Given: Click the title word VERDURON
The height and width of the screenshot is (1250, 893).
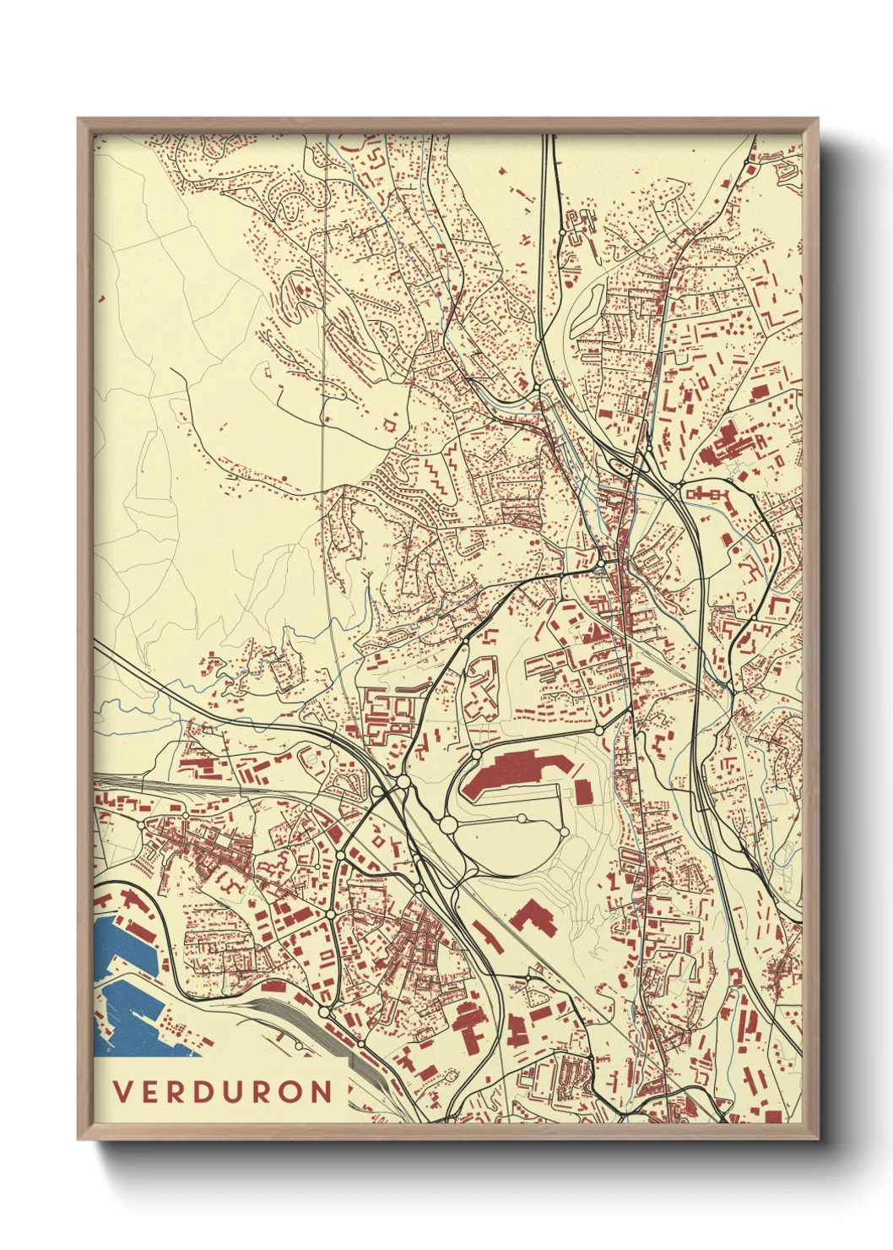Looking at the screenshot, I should coord(224,1091).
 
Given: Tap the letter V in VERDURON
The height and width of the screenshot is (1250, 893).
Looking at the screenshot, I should coord(122,1091).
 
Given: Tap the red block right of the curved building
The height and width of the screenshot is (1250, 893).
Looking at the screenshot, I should coord(582,791).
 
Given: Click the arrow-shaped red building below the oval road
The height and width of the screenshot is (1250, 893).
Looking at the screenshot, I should coord(529,916).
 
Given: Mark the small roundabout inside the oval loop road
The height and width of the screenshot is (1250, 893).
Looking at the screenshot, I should coord(522,818).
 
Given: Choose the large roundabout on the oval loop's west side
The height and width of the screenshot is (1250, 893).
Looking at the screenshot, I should coord(448,823).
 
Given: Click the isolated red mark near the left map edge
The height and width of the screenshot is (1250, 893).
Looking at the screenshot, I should coord(102,298).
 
